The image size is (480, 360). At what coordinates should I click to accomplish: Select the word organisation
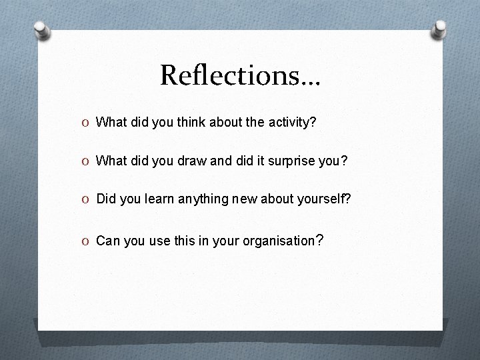[x=280, y=241]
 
